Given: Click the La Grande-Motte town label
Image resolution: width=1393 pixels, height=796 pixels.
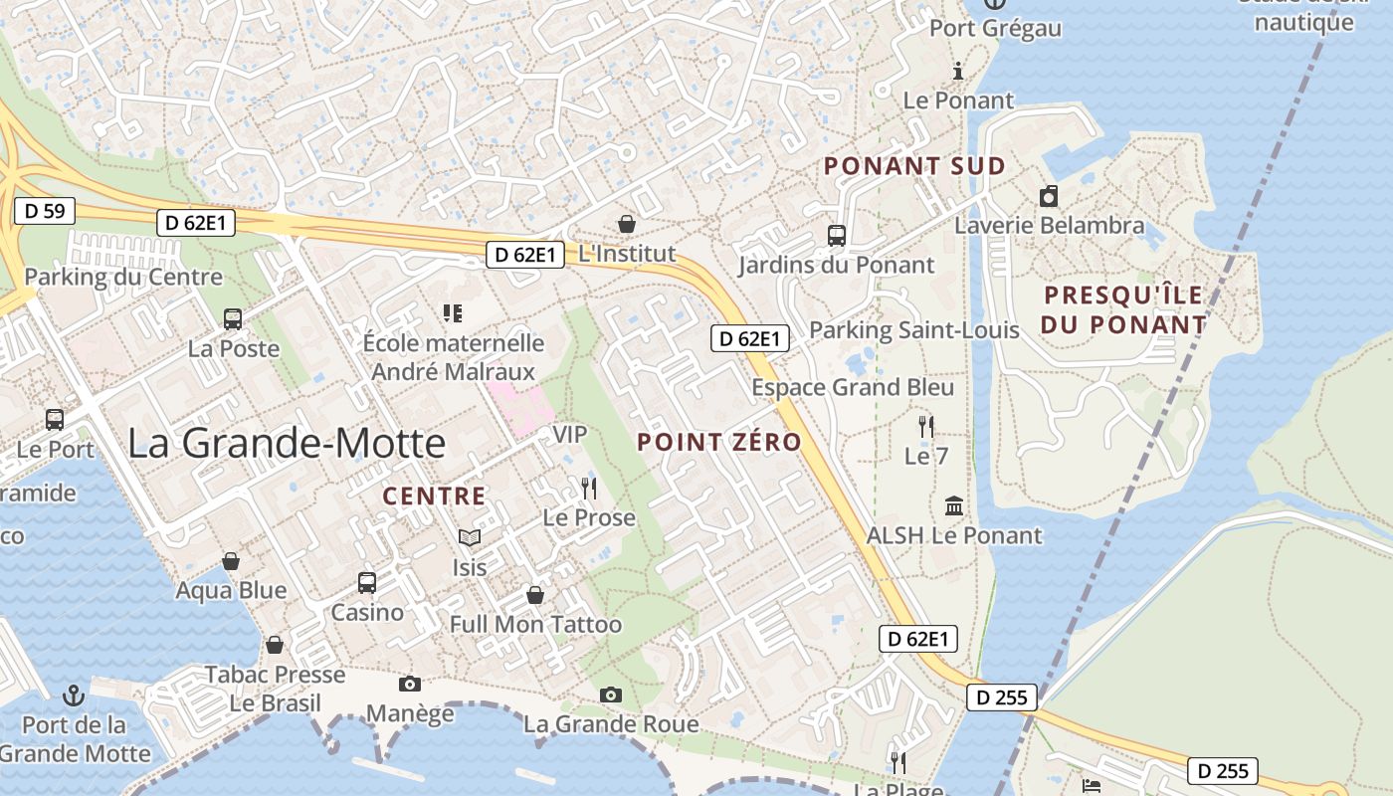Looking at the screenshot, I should tap(287, 443).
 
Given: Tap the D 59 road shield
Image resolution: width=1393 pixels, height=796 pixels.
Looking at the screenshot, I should tap(45, 211).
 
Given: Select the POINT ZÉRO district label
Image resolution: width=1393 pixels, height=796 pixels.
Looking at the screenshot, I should tap(719, 442).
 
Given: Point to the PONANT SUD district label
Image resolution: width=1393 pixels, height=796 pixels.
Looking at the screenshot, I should tap(914, 166).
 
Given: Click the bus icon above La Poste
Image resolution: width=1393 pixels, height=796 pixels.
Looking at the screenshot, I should tap(233, 319).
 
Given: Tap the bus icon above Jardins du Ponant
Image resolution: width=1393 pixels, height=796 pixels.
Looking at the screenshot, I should tap(837, 236).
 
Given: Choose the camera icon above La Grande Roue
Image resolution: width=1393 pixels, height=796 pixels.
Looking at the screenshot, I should tap(611, 695).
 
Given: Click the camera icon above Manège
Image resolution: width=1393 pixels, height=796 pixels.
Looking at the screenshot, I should tap(409, 684).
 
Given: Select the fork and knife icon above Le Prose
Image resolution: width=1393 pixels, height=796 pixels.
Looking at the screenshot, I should tap(589, 488).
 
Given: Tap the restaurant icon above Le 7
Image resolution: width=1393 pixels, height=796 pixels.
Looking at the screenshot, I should tap(926, 427).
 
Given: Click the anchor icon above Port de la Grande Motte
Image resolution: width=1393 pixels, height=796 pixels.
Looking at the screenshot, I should tap(74, 695).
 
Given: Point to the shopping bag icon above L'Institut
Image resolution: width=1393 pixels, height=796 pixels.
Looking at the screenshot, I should tap(627, 224).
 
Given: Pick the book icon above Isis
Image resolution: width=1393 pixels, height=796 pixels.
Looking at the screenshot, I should tap(470, 537).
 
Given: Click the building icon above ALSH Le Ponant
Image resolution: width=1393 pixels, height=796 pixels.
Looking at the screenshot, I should tap(954, 505).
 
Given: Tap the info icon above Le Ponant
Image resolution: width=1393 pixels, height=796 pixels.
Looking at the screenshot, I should tap(958, 71).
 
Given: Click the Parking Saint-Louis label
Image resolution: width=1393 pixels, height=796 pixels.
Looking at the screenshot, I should tap(914, 329).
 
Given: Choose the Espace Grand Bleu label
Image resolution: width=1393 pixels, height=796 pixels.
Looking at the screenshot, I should tap(853, 387).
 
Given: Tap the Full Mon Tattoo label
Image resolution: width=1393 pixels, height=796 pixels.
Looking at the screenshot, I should tap(535, 625).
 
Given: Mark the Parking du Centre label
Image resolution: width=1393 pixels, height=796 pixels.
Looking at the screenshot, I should tap(123, 277).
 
